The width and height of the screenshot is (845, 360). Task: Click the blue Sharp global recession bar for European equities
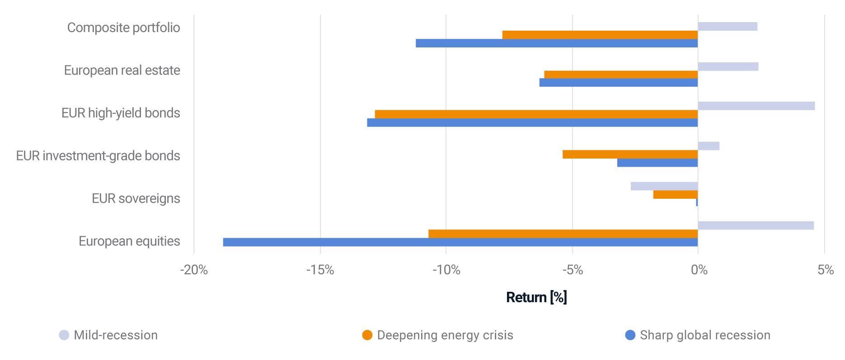tap(460, 242)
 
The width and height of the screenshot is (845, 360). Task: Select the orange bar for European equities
tap(563, 234)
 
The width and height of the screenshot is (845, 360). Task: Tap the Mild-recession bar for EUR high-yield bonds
tap(756, 106)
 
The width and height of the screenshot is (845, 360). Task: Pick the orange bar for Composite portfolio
tap(600, 35)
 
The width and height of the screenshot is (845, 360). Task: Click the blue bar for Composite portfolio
tap(556, 43)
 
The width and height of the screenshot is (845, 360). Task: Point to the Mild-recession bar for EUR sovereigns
tap(664, 186)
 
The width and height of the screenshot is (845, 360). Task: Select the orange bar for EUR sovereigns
tap(675, 195)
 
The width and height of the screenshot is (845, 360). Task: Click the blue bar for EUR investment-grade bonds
tap(657, 163)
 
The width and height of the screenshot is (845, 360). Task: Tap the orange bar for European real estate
tap(621, 75)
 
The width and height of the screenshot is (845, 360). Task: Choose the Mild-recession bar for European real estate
tap(728, 67)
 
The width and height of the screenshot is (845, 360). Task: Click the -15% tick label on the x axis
tap(320, 270)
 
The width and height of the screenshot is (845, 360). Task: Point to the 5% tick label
tap(825, 270)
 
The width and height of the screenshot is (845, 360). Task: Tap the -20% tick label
tap(194, 270)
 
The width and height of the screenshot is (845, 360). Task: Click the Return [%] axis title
tap(536, 297)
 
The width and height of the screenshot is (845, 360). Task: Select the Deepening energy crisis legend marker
tap(367, 335)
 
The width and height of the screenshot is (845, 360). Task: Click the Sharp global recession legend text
tap(705, 335)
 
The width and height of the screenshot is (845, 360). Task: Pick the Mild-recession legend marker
tap(64, 335)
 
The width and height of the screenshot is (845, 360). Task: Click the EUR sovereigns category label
tap(136, 198)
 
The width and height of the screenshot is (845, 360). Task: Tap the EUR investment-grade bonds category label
tap(98, 156)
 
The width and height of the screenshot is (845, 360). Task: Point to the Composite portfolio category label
tap(123, 28)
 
